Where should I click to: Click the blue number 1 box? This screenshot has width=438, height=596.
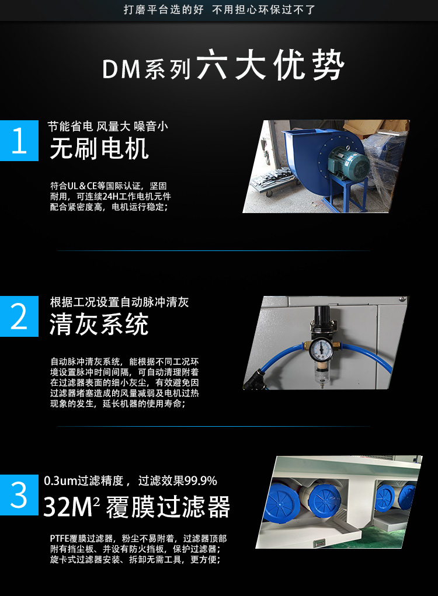[19, 141]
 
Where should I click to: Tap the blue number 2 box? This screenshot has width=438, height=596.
[19, 316]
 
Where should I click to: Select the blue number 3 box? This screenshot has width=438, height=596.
[19, 495]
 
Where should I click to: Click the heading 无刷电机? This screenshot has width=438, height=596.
[99, 149]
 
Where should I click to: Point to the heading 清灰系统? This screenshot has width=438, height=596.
[99, 324]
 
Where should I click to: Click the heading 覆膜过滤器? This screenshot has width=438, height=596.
[168, 507]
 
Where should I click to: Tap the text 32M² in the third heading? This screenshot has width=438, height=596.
[71, 507]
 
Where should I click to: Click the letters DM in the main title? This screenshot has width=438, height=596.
[121, 69]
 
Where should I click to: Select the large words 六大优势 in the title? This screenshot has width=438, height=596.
[270, 65]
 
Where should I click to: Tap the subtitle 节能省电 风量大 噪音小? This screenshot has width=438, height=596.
[108, 126]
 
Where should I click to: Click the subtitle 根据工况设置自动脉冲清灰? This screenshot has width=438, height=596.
[119, 302]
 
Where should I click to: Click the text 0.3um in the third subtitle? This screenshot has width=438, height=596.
[61, 481]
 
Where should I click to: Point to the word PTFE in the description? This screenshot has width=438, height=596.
[60, 539]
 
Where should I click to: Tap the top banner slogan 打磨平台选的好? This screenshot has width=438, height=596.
[164, 9]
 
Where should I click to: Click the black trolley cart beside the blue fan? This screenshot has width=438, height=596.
[275, 182]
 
